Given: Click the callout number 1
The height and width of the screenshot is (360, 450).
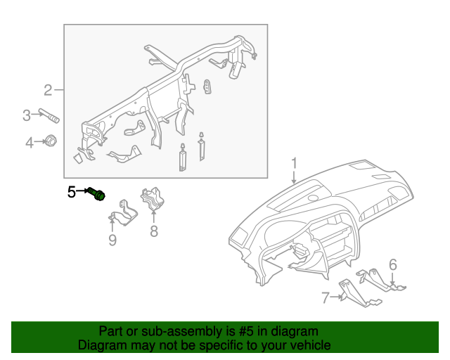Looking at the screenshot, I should pyautogui.click(x=294, y=165).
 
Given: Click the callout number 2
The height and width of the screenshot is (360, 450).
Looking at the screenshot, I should pyautogui.click(x=48, y=90).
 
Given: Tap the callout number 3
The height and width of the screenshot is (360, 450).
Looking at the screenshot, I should pyautogui.click(x=26, y=115).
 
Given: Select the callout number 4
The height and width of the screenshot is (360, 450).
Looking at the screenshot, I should pyautogui.click(x=30, y=143).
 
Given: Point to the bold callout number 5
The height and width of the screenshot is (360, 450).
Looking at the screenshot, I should pyautogui.click(x=71, y=191).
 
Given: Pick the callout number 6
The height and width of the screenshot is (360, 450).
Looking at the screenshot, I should pyautogui.click(x=392, y=264).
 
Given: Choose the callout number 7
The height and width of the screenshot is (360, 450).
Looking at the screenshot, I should pyautogui.click(x=325, y=298).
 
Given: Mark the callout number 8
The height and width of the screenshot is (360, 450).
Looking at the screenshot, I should pyautogui.click(x=153, y=231).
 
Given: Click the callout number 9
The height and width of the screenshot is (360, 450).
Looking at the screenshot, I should pyautogui.click(x=112, y=241).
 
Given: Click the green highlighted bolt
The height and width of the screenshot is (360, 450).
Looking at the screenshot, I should pyautogui.click(x=98, y=193).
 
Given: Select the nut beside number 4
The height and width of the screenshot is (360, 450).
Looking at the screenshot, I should pyautogui.click(x=51, y=141).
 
